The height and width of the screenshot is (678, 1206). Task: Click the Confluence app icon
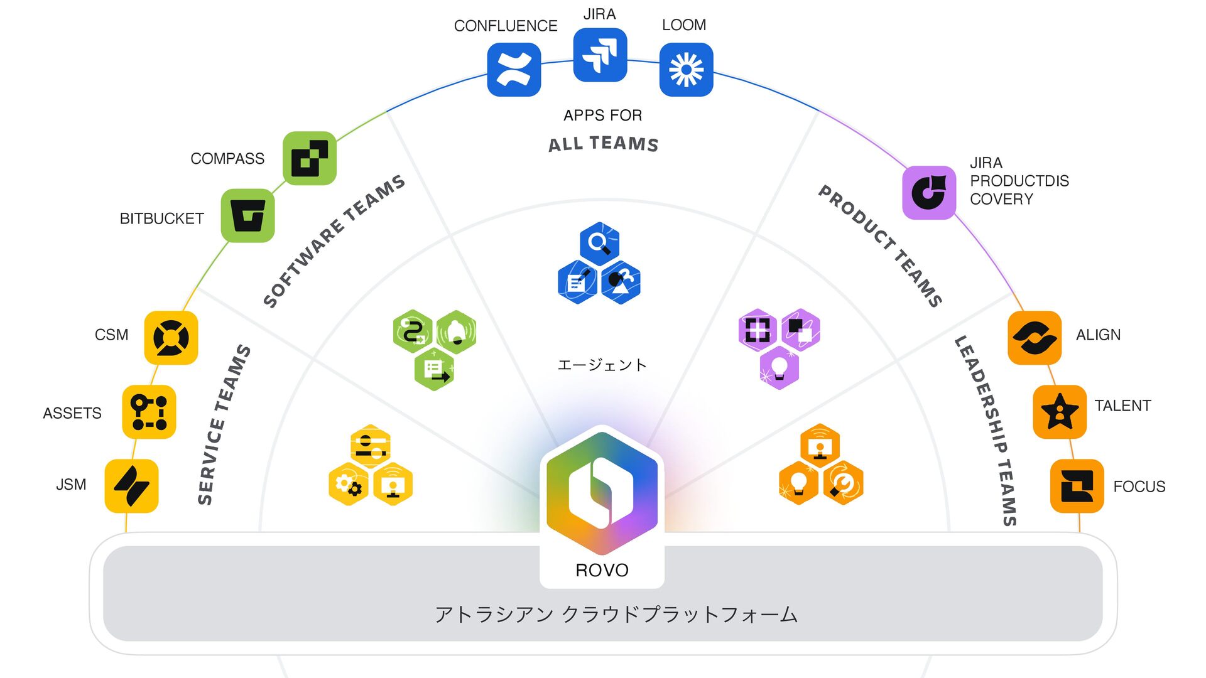(514, 70)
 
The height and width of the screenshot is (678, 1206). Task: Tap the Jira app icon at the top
(600, 55)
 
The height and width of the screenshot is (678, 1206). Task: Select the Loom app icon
(686, 70)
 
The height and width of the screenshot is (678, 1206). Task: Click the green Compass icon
(309, 158)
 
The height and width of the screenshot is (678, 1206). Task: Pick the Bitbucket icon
(247, 216)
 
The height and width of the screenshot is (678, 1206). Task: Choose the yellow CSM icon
(171, 338)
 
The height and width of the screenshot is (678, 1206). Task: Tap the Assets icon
(149, 412)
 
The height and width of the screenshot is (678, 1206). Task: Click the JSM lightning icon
(131, 486)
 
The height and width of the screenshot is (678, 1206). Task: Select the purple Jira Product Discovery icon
(928, 193)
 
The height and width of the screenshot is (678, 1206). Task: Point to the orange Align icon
(1035, 338)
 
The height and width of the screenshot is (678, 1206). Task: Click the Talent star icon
(1060, 412)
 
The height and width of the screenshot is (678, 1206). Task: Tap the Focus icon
(1077, 486)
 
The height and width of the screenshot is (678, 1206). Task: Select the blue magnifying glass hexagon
(599, 243)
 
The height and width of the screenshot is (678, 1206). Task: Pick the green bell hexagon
(457, 331)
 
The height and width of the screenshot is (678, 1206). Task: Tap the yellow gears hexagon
(349, 484)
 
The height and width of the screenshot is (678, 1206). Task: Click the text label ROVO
(602, 570)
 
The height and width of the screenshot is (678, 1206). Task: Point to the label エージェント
(602, 365)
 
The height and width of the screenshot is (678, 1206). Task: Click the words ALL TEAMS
(603, 144)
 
